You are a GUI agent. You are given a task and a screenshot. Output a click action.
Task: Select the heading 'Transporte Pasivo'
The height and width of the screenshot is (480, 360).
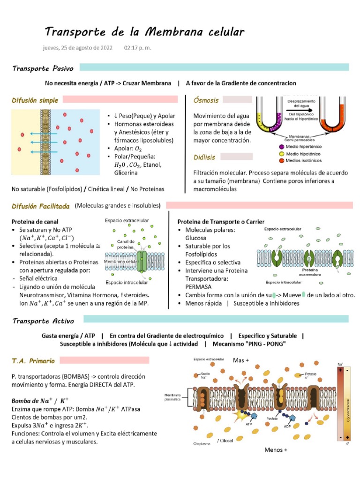tap(43, 68)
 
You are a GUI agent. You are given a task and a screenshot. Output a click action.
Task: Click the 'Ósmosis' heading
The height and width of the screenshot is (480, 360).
tap(206, 100)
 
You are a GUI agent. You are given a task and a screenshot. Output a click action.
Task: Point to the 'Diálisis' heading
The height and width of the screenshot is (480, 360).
tap(205, 157)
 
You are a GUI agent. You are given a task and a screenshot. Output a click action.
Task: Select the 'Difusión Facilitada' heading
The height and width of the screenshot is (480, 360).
tap(41, 206)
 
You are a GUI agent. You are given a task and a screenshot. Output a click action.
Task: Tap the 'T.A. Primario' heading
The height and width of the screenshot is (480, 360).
tap(33, 361)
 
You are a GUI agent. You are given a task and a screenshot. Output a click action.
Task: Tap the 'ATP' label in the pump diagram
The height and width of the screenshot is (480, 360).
tap(249, 424)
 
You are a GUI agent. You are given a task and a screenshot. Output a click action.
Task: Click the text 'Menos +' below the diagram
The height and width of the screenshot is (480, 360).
tap(276, 450)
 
